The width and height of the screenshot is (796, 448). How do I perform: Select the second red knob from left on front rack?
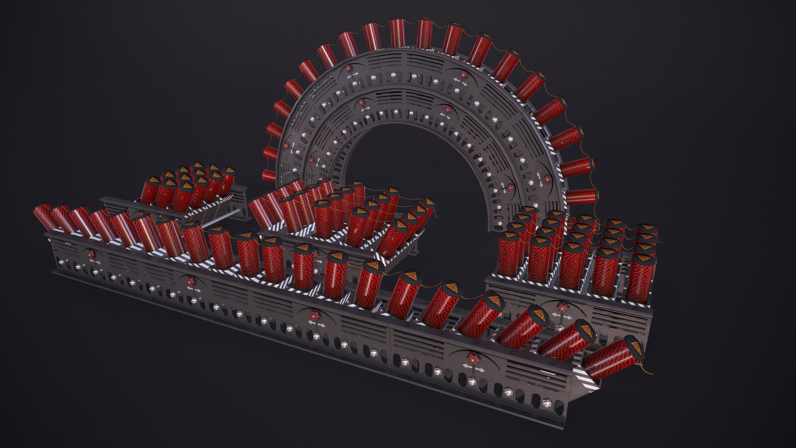tap(191, 282)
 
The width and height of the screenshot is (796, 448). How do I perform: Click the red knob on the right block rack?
tap(562, 307)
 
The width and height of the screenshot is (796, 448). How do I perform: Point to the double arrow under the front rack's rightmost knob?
tap(474, 369)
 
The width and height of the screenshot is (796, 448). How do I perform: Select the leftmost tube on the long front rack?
tap(44, 218)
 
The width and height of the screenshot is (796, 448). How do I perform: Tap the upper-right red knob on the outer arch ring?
tap(464, 75)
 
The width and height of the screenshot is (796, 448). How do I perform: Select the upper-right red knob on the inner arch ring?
tap(447, 109)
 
